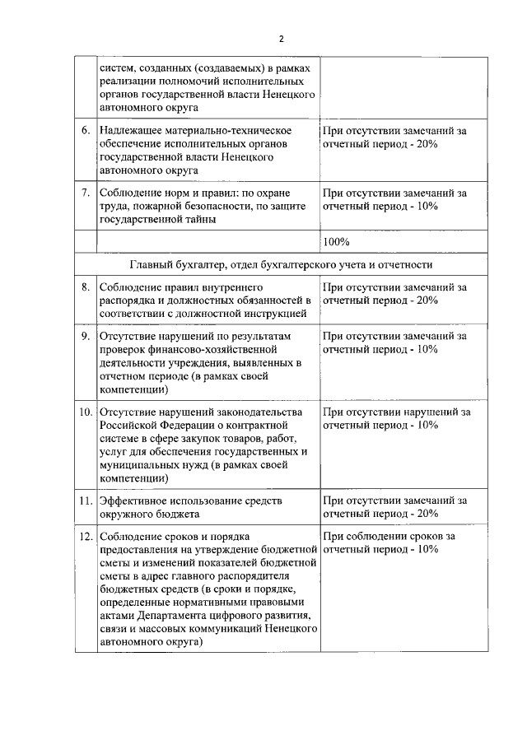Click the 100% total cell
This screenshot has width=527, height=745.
tap(337, 242)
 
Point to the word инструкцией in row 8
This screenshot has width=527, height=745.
tap(276, 313)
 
